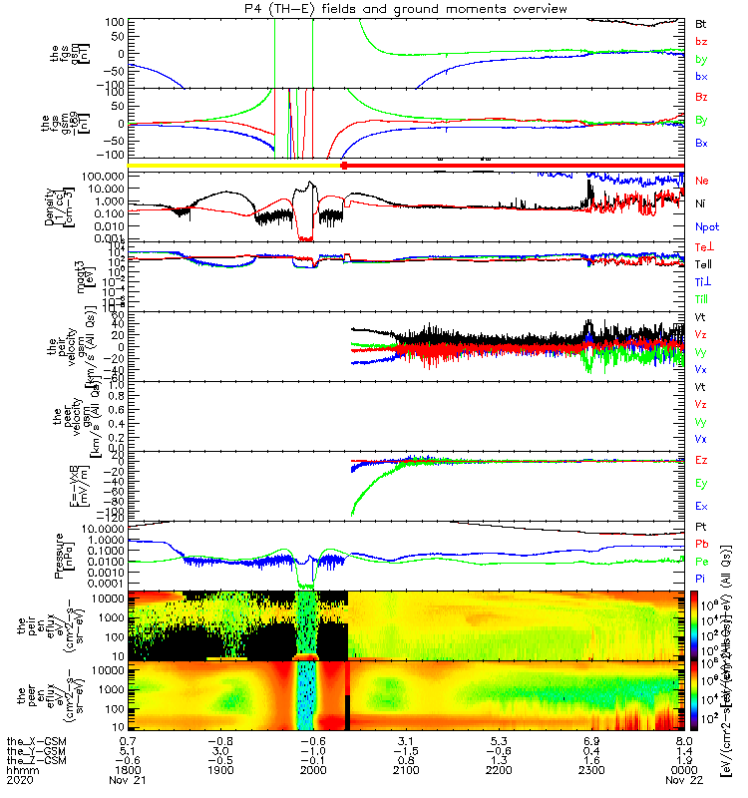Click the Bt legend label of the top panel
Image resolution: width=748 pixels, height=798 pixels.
701,23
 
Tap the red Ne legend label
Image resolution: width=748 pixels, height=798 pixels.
702,181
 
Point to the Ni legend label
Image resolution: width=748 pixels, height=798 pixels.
701,203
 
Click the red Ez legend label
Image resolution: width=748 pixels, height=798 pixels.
702,460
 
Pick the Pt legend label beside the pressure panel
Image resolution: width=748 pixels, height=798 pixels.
701,526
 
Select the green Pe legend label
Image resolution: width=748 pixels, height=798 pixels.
701,562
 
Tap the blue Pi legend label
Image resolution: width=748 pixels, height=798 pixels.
700,580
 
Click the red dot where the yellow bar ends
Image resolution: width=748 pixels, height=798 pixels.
344,165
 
